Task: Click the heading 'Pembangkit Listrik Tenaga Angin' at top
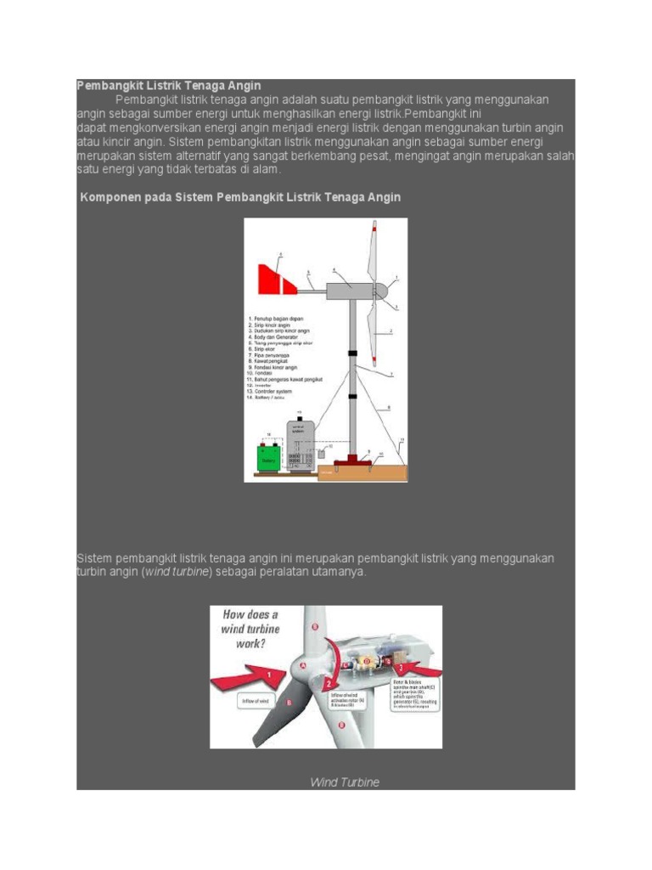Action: (169, 86)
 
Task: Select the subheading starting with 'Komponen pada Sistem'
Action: (240, 197)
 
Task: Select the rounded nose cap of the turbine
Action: (384, 287)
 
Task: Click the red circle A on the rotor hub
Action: (303, 667)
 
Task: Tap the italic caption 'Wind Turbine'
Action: (344, 782)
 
